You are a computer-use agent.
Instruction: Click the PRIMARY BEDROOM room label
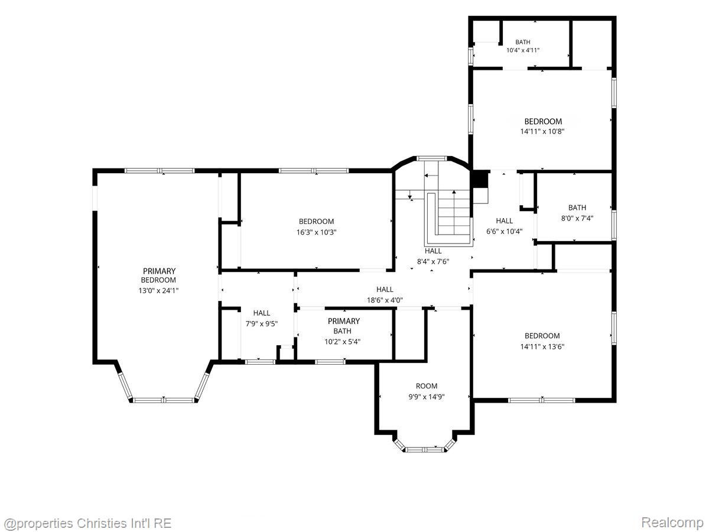(x=160, y=275)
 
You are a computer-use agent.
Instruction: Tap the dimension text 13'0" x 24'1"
(x=158, y=290)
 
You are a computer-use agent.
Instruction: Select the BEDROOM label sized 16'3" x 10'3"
(x=316, y=221)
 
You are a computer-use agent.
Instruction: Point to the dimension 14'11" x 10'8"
(x=542, y=131)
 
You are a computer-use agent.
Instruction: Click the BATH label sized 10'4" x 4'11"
(x=523, y=42)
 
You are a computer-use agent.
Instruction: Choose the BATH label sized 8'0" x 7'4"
(x=577, y=207)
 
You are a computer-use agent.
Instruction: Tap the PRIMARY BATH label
(x=343, y=326)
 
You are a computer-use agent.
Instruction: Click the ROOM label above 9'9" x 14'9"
(x=427, y=386)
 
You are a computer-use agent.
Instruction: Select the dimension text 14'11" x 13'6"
(x=542, y=346)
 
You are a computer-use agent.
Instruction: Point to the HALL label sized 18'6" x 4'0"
(x=385, y=290)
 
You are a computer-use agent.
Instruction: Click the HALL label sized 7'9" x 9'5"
(x=262, y=313)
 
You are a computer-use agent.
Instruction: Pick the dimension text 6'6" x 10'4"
(x=505, y=231)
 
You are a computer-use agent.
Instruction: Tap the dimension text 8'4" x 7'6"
(x=433, y=261)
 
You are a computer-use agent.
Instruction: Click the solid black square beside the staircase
(x=480, y=179)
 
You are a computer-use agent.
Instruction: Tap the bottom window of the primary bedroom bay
(x=164, y=401)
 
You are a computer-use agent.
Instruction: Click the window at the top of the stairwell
(x=431, y=158)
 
